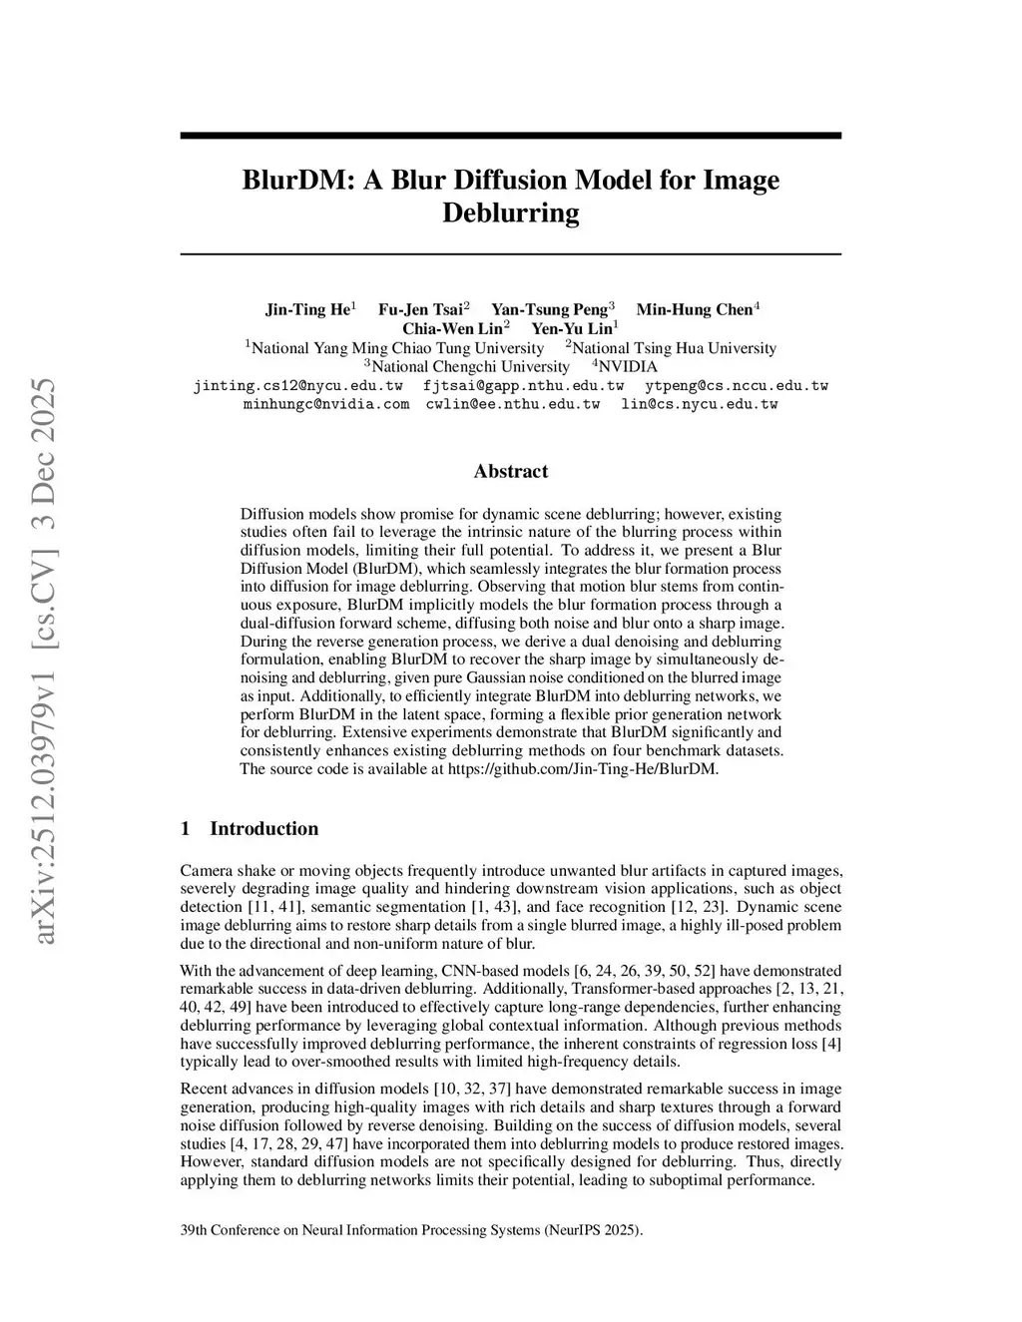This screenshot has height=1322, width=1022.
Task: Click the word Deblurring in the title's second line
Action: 510,213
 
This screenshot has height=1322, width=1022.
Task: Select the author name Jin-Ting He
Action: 307,309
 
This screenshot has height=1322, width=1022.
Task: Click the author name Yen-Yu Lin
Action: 571,328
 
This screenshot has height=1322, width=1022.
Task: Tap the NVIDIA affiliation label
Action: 627,366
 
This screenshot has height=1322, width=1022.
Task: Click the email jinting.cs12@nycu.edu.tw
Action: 297,385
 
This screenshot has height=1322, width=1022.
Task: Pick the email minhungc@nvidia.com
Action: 326,404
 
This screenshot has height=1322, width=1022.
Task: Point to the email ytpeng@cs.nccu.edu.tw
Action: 737,385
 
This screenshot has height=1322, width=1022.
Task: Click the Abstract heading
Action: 510,471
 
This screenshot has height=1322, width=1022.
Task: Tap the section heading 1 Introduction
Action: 250,828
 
